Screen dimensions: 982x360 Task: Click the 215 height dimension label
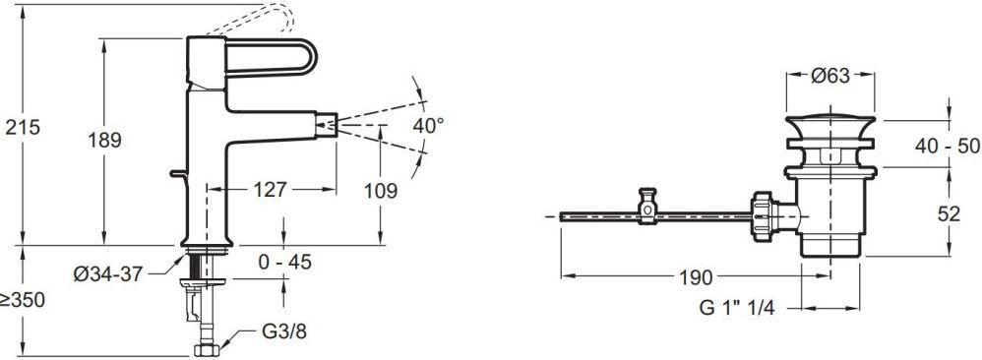[23, 127]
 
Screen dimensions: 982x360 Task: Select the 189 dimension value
[104, 141]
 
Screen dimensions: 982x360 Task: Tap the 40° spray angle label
[428, 125]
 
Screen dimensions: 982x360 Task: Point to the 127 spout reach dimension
[271, 189]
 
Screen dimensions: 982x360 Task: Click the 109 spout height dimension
[381, 191]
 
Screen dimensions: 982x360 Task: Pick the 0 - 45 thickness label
[284, 262]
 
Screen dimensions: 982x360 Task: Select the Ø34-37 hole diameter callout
[108, 274]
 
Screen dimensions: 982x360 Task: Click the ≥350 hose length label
[23, 300]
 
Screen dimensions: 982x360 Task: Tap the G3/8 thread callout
[283, 331]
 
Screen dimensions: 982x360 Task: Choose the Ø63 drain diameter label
[830, 76]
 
